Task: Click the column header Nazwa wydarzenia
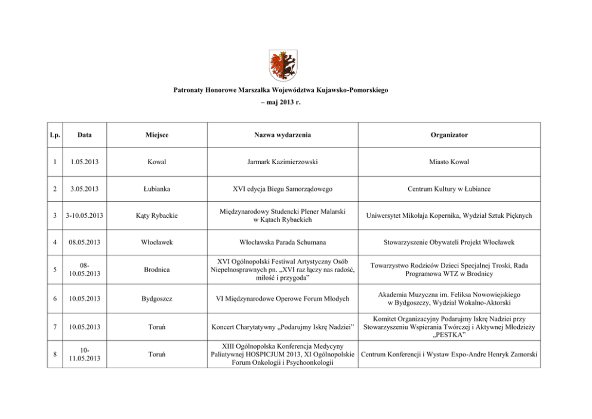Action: tap(280, 135)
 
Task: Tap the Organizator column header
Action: tap(449, 135)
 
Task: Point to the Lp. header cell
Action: tap(55, 135)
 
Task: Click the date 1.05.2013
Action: tap(84, 162)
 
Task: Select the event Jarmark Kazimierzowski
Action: tap(280, 162)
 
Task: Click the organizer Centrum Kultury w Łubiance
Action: tap(449, 189)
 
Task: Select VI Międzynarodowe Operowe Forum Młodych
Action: tap(280, 298)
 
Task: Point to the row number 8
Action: tap(55, 354)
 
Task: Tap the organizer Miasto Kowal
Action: tap(449, 162)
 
